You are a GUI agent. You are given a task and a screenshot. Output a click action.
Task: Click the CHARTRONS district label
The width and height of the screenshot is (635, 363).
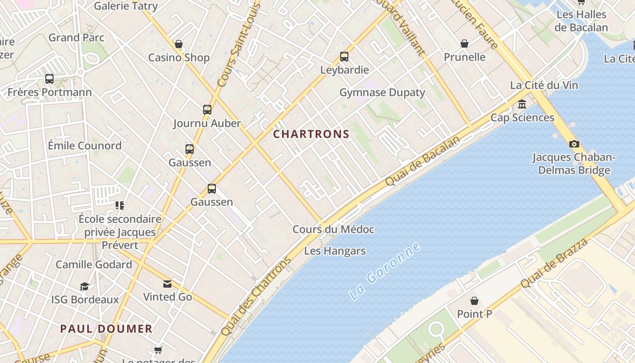pyautogui.click(x=311, y=134)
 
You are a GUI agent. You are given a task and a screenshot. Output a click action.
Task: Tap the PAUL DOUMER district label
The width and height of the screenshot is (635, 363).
pyautogui.click(x=106, y=329)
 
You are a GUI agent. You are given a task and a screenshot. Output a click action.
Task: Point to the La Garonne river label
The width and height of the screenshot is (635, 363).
pyautogui.click(x=385, y=271)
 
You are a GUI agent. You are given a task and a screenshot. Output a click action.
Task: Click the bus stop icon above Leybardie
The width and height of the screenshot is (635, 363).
pyautogui.click(x=344, y=57)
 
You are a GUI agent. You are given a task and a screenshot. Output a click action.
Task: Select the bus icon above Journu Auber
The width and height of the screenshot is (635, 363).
pyautogui.click(x=207, y=109)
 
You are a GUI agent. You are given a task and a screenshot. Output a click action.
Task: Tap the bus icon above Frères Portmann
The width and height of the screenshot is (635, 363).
pyautogui.click(x=49, y=79)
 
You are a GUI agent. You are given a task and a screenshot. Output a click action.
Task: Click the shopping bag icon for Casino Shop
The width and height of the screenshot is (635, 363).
pyautogui.click(x=179, y=44)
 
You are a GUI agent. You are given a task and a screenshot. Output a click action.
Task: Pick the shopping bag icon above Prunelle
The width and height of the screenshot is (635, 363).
pyautogui.click(x=464, y=44)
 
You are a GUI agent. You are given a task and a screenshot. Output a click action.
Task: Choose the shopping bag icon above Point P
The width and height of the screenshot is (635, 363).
pyautogui.click(x=474, y=300)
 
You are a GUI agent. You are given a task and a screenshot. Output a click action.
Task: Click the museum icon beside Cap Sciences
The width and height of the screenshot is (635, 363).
pyautogui.click(x=522, y=104)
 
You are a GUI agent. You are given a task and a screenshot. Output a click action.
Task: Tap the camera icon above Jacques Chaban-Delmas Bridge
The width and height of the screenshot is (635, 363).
pyautogui.click(x=574, y=144)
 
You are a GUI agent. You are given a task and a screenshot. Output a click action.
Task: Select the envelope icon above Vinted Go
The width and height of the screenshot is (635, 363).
pyautogui.click(x=167, y=284)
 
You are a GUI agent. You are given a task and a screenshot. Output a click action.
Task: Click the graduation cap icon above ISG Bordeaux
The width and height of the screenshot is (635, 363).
pyautogui.click(x=85, y=286)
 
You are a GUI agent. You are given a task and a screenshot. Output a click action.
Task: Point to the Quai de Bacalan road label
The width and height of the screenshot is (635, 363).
pyautogui.click(x=422, y=161)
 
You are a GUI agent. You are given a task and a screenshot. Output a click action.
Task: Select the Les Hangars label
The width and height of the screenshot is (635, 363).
pyautogui.click(x=335, y=251)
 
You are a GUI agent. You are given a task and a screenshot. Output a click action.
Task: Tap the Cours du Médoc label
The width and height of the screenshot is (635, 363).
pyautogui.click(x=333, y=229)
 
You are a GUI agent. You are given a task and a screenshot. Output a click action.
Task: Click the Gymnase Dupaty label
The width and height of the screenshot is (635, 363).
pyautogui.click(x=382, y=93)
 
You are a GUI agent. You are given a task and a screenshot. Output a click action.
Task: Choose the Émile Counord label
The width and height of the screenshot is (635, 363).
pyautogui.click(x=85, y=146)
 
